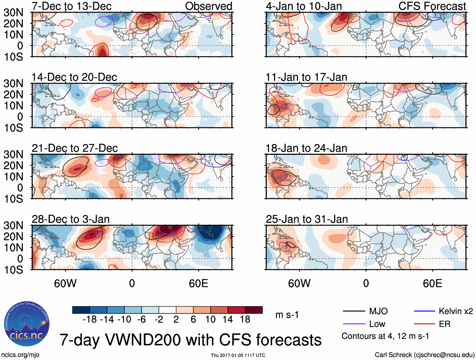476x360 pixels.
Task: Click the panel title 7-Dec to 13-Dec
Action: (72, 6)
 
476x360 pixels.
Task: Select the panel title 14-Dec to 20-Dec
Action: (74, 77)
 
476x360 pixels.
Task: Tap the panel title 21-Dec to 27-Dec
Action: (75, 148)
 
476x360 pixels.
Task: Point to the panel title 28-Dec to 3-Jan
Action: (71, 219)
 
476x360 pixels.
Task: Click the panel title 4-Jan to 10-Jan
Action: (304, 6)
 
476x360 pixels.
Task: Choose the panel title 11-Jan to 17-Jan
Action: (306, 77)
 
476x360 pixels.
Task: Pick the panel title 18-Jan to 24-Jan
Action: (306, 148)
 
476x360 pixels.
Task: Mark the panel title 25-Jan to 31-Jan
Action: (307, 219)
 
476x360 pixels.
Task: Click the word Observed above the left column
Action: (208, 6)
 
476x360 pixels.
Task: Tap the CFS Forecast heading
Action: (432, 6)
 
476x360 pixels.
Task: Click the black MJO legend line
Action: (354, 311)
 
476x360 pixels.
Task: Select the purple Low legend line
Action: (354, 324)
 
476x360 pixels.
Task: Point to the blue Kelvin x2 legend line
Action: (424, 311)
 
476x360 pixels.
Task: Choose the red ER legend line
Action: (424, 324)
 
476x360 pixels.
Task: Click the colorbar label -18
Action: (90, 320)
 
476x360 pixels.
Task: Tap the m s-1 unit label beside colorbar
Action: (287, 315)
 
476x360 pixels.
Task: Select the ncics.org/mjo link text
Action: (20, 355)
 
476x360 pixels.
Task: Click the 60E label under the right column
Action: (432, 283)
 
